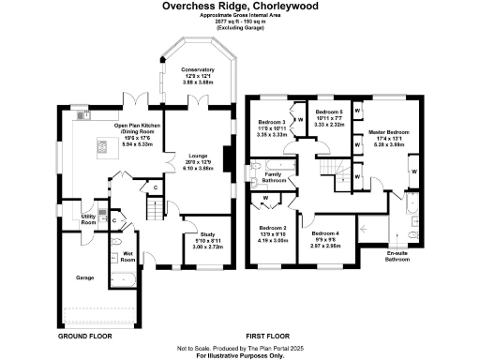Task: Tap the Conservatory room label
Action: [198, 69]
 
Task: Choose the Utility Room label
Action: [88, 219]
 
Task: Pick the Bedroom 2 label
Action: [272, 228]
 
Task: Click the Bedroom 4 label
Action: [325, 232]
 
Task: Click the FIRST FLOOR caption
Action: [265, 334]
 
